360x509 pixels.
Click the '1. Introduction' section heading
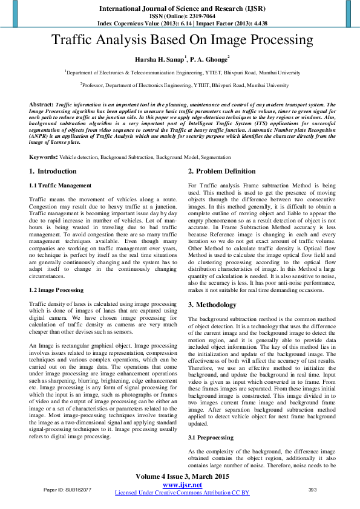53,172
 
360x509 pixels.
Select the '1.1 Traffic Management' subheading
61,186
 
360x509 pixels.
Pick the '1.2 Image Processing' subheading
57,290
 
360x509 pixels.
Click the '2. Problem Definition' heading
221,172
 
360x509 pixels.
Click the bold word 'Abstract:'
41,105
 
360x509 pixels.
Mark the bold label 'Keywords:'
44,157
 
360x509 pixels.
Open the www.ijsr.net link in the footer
182,485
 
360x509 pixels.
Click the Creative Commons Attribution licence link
182,493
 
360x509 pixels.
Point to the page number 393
313,490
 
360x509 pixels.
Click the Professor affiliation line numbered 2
185,86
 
